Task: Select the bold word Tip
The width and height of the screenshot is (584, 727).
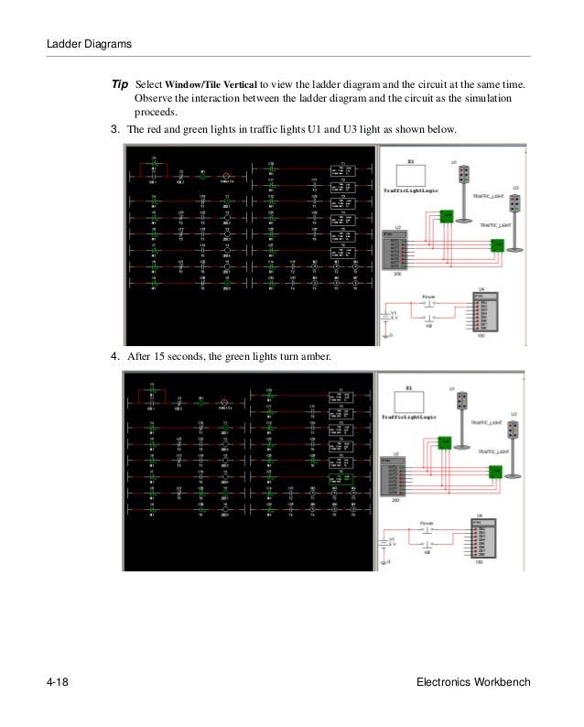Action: pos(120,84)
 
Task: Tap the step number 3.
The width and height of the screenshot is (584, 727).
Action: pos(115,129)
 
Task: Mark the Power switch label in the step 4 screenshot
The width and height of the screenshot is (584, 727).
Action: pos(427,524)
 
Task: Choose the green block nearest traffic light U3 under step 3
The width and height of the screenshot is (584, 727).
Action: pos(496,244)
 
